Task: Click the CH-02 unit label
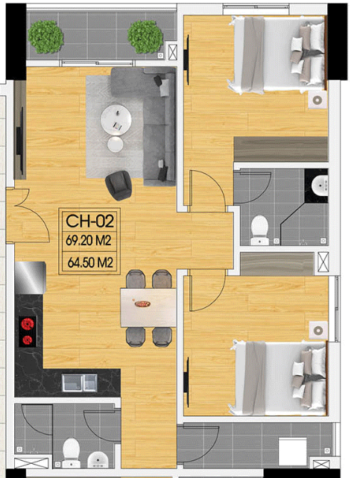[90, 221]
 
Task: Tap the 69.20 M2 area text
[89, 241]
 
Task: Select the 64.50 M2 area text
[90, 262]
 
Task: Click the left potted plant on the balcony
[45, 37]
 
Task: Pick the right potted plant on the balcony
[145, 37]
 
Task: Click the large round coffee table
[116, 119]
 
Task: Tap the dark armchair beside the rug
[119, 185]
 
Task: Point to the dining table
[148, 307]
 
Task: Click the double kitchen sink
[80, 383]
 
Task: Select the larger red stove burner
[27, 324]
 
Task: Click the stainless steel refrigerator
[30, 277]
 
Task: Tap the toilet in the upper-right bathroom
[259, 230]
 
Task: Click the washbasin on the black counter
[320, 185]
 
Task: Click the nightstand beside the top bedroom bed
[318, 100]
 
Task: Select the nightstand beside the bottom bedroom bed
[318, 330]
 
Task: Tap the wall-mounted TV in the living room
[21, 140]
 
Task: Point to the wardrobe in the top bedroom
[280, 149]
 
